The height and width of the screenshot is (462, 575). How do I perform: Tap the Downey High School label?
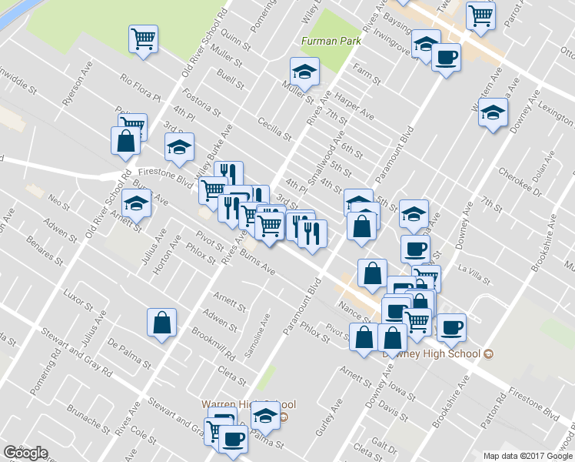coord(430,354)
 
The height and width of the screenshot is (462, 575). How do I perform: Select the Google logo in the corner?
coord(25,453)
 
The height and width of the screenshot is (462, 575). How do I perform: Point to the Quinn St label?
coord(230,38)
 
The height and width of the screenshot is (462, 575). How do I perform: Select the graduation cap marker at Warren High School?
coord(265,415)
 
